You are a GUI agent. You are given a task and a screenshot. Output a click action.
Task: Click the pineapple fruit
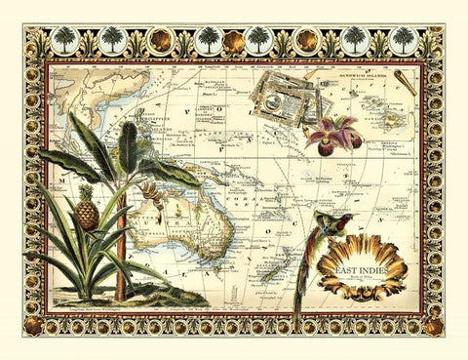point(87,213)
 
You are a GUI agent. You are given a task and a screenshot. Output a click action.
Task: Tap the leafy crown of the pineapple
point(85,188)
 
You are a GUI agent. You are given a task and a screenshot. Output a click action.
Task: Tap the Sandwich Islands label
point(354,73)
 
